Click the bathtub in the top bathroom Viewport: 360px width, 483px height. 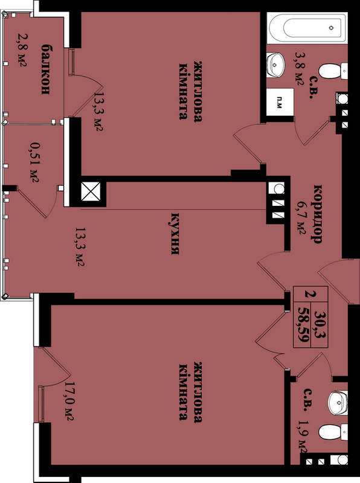coord(307,28)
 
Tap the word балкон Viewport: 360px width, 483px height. coord(45,69)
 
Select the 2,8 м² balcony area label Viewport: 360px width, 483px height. coord(22,50)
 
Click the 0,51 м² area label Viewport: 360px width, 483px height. coord(34,161)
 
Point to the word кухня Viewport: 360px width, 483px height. coord(175,233)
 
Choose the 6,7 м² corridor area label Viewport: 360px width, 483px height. coord(301,217)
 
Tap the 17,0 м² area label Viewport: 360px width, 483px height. coord(68,401)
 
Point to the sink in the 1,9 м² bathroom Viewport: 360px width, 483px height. coord(338,403)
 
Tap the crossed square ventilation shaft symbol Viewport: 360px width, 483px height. coord(91,191)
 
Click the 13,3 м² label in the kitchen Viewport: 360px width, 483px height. coord(80,247)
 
